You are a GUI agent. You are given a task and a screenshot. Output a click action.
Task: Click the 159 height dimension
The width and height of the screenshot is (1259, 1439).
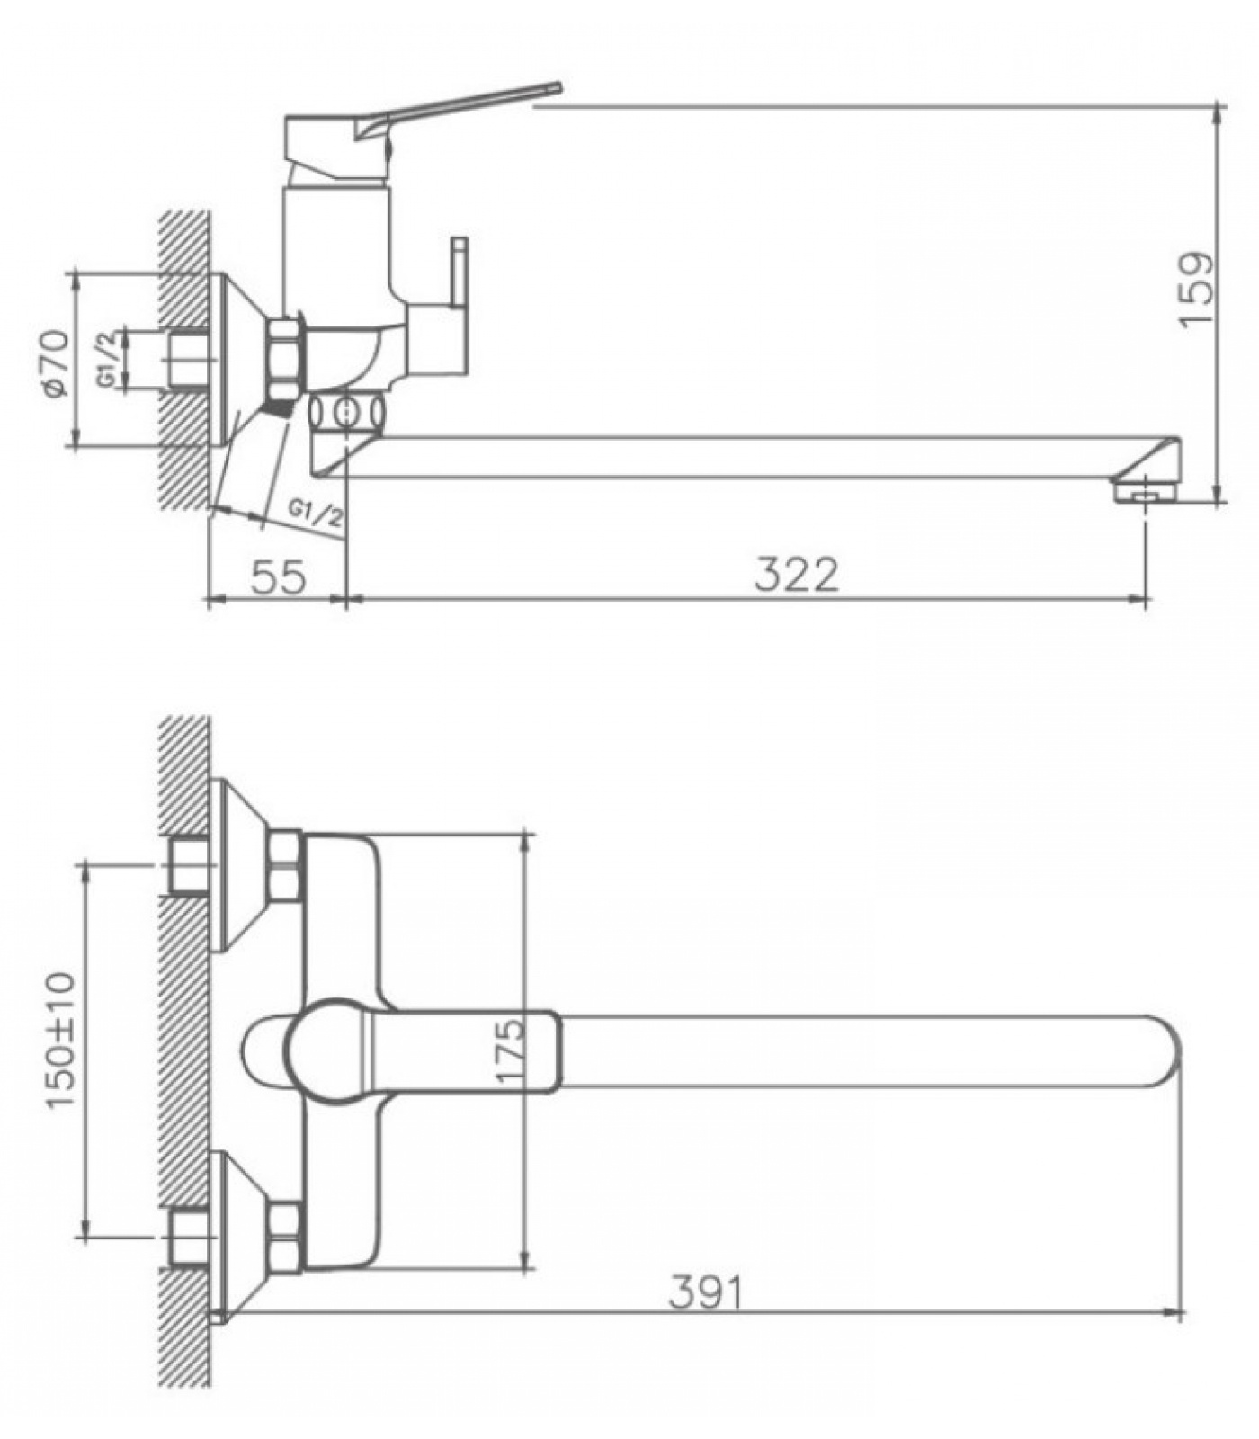tap(1198, 290)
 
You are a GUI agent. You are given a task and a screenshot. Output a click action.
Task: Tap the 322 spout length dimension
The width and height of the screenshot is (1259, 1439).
tap(796, 575)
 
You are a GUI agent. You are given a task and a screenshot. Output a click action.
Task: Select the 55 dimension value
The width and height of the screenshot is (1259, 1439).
tap(278, 576)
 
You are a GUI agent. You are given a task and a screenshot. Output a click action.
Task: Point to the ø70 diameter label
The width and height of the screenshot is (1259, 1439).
tap(56, 362)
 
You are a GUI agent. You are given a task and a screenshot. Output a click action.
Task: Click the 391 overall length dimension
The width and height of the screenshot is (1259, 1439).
tap(706, 1292)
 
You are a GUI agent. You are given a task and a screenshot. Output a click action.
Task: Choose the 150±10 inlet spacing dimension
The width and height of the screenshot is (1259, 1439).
tap(60, 1040)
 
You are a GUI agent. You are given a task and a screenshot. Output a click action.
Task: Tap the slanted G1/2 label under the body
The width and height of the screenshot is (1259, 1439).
tap(316, 513)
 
